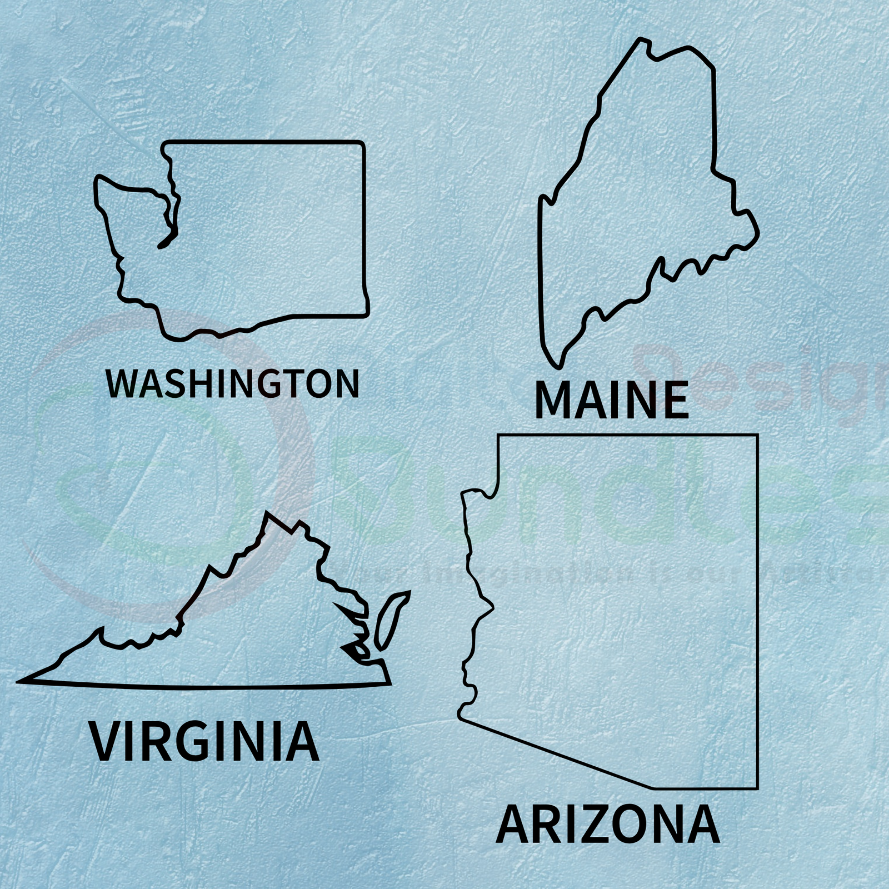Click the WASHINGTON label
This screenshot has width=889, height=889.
point(232,382)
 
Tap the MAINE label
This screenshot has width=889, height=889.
point(611,400)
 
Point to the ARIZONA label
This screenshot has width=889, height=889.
point(607,825)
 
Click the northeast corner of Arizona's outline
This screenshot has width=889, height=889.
point(757,436)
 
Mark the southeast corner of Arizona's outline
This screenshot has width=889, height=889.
point(757,787)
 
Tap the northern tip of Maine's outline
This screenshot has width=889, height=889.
point(643,39)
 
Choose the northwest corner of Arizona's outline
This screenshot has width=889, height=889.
point(499,436)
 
